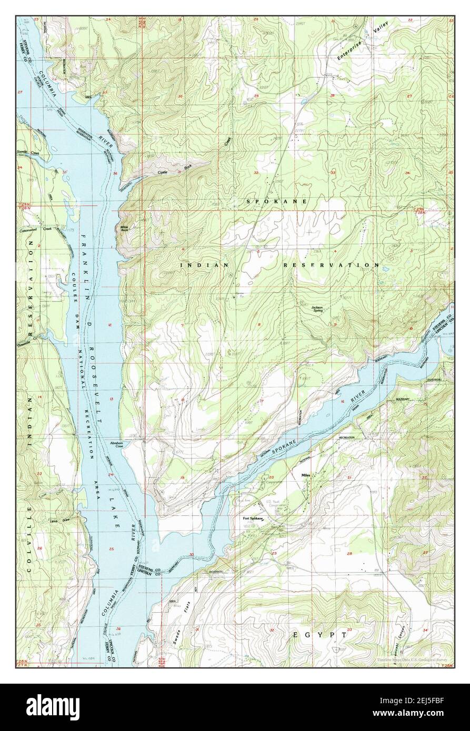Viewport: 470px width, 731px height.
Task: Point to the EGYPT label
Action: point(320,635)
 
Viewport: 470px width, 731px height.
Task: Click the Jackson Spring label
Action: point(317,308)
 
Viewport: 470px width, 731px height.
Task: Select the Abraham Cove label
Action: point(116,444)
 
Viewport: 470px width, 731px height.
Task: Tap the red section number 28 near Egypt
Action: point(349,553)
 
